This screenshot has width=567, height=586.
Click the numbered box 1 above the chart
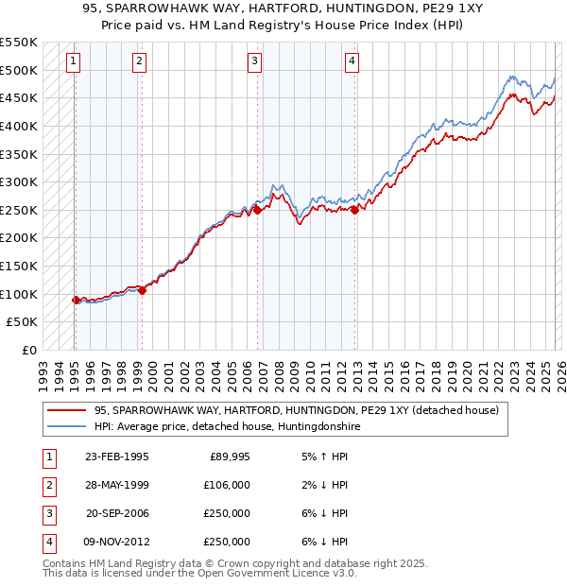(74, 62)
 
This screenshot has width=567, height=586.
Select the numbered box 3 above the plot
(255, 62)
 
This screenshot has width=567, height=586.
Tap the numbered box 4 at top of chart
(352, 62)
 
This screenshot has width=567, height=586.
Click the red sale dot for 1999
(142, 291)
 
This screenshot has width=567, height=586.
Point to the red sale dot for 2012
(354, 211)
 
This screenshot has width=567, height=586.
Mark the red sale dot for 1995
(76, 300)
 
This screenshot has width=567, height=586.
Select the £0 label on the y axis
(28, 350)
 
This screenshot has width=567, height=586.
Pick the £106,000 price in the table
(227, 485)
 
